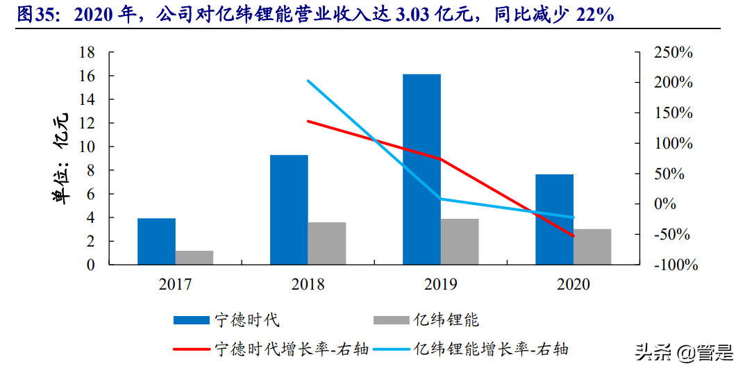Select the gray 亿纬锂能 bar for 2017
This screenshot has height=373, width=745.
[194, 257]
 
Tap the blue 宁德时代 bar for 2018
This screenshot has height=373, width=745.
[289, 209]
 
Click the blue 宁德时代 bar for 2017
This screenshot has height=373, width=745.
[156, 241]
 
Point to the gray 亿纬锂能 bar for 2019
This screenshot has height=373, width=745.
[460, 241]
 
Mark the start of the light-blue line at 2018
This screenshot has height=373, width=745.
[308, 81]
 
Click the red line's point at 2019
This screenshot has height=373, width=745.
[440, 158]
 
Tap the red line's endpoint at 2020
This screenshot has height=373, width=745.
[574, 236]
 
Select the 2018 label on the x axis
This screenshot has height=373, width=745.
[308, 284]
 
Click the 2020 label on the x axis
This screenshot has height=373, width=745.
[574, 284]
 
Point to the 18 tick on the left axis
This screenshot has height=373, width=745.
[87, 52]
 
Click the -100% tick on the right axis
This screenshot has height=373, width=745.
[671, 265]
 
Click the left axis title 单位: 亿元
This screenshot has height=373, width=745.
[61, 158]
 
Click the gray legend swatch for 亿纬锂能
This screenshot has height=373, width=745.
[391, 320]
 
